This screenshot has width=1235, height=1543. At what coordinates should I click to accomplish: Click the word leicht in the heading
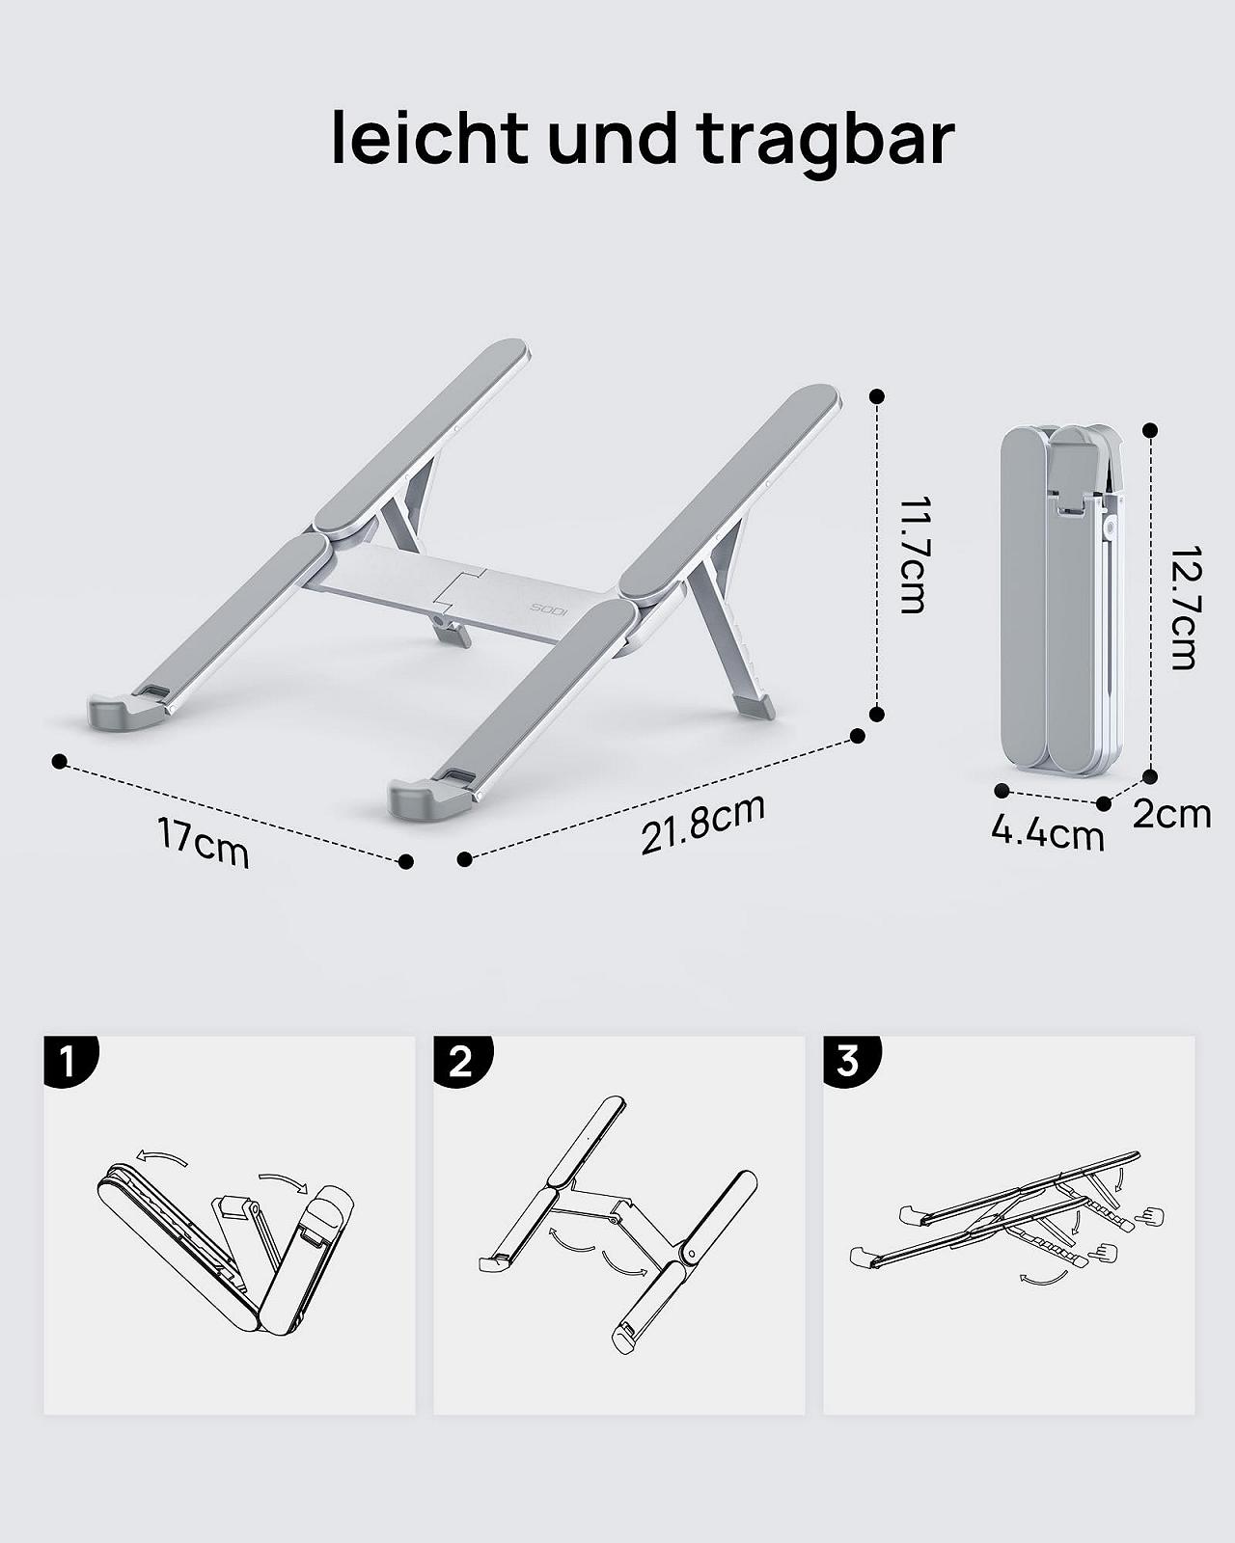tap(430, 137)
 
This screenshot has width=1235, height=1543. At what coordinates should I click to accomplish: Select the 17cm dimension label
tap(204, 844)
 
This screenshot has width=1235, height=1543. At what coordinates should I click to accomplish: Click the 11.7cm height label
tap(912, 555)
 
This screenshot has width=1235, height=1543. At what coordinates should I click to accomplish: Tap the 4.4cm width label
tap(1047, 834)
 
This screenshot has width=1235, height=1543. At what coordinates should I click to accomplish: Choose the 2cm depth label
tap(1172, 814)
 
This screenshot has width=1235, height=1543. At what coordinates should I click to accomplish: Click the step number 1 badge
tap(69, 1061)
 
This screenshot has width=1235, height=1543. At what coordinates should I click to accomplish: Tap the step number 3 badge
tap(850, 1061)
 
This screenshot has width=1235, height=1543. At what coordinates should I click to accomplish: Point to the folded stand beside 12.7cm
tap(1061, 600)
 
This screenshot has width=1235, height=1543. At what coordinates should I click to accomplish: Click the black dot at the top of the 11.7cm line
tap(876, 396)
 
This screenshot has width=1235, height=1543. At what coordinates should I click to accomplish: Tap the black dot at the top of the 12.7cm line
tap(1149, 430)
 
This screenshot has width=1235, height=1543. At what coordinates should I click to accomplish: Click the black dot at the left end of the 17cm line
tap(60, 761)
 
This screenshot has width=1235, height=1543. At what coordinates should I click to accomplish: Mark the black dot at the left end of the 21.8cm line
tap(464, 858)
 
